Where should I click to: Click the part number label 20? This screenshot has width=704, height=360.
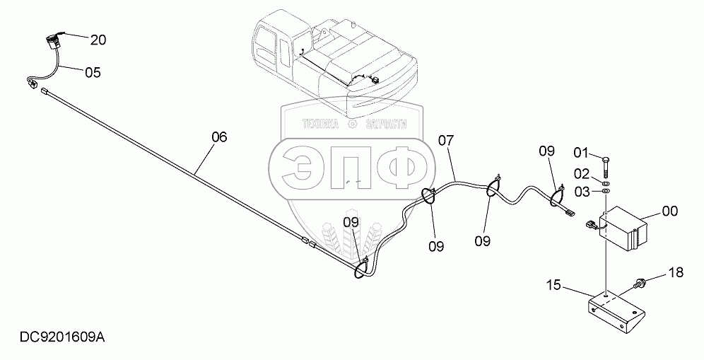98,40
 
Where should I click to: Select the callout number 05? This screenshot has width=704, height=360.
93,72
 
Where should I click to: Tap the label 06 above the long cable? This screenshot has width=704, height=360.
220,137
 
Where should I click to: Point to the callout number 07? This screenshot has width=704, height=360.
446,140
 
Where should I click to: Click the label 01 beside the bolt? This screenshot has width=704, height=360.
580,152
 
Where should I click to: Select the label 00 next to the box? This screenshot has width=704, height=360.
669,211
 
